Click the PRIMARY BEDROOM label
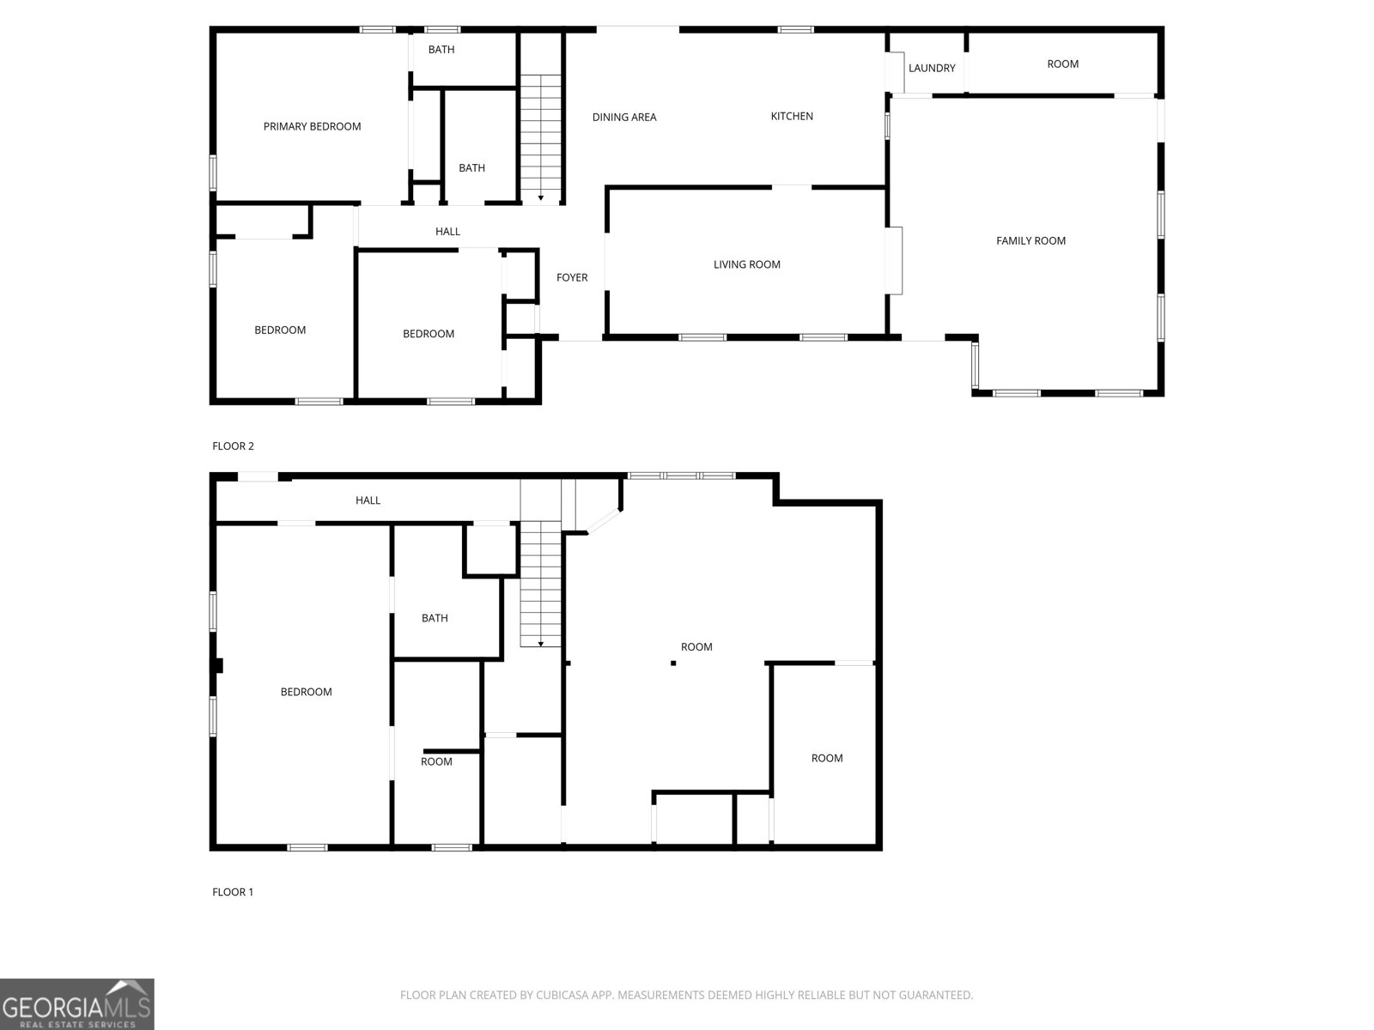point(312,126)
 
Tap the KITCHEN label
point(792,117)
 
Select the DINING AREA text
point(624,117)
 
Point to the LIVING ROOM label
point(747,264)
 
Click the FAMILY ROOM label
point(1030,241)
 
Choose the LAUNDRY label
point(932,68)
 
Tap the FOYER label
point(572,277)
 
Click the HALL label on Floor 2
point(447,232)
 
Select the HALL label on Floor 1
point(368,500)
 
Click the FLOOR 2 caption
point(233,445)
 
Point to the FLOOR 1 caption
point(232,892)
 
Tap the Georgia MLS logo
point(77,1003)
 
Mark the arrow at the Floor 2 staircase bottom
point(541,198)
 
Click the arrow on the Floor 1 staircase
point(541,644)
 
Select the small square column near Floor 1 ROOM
point(673,663)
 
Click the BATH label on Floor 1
point(435,618)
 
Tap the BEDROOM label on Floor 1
point(306,692)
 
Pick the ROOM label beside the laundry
point(1062,64)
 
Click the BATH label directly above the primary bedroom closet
point(441,50)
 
